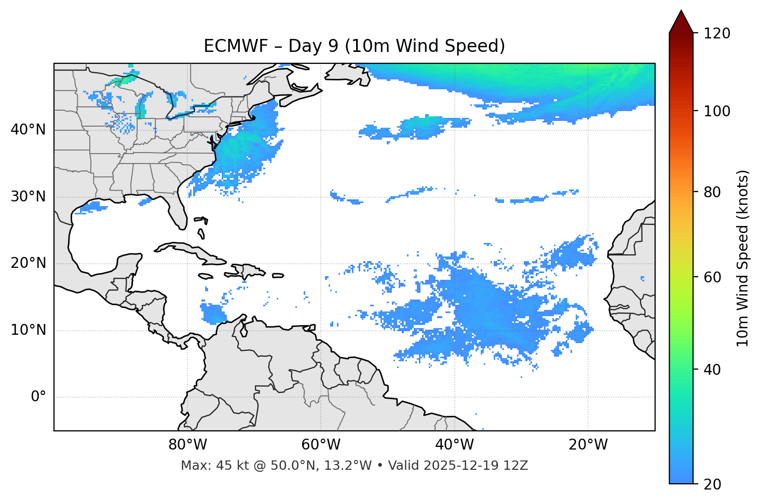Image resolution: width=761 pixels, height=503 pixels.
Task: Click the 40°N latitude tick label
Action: [x=28, y=130]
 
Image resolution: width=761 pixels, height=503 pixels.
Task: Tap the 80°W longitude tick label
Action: [x=187, y=445]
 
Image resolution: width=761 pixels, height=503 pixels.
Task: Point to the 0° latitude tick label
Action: [x=38, y=397]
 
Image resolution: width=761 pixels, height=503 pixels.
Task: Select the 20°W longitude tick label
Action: [x=588, y=445]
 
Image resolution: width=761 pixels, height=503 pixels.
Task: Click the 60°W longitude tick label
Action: [x=321, y=445]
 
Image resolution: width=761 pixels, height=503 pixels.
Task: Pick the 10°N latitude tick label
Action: [x=28, y=330]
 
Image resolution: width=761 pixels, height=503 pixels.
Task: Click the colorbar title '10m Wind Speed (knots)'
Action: [x=743, y=258]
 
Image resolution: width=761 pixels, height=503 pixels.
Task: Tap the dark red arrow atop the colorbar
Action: [x=681, y=22]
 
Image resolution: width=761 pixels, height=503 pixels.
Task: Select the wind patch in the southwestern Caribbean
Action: [x=213, y=314]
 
